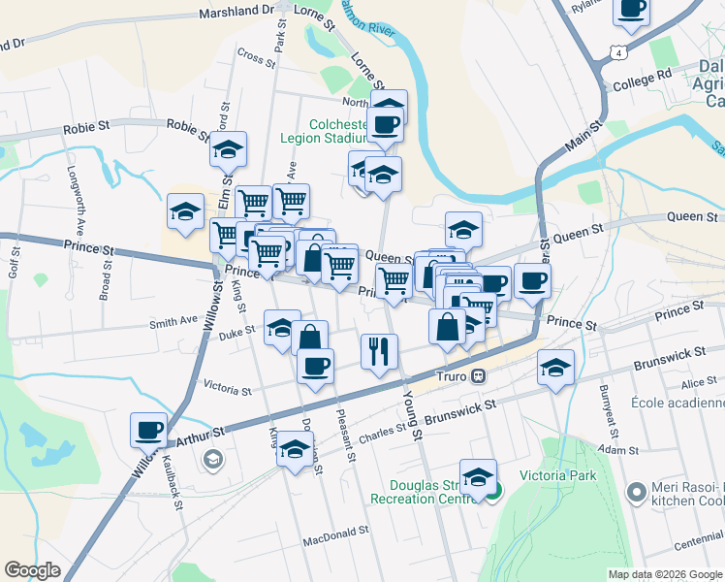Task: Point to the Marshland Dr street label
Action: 236,13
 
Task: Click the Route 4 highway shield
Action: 616,54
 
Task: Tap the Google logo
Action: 32,570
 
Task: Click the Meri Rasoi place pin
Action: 636,493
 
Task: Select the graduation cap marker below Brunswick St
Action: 556,368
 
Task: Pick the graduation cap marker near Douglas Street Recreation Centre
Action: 478,476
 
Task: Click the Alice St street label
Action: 698,383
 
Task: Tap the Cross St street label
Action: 257,57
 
